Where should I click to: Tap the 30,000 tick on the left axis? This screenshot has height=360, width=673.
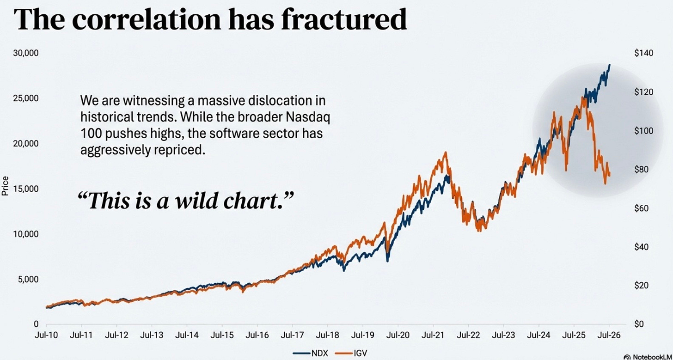[26, 53]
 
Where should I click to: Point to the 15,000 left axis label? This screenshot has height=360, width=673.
[26, 189]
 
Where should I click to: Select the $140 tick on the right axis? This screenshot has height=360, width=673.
[643, 53]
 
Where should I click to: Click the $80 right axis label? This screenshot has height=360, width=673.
[642, 170]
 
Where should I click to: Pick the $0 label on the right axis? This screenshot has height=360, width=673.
[639, 324]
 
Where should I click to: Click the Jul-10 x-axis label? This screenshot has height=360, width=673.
[46, 336]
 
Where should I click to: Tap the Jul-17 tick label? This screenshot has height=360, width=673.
[292, 336]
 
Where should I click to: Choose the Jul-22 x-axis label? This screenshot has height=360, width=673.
[468, 336]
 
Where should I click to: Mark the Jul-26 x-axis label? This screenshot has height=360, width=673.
[609, 336]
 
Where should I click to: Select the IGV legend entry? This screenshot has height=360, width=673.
[351, 353]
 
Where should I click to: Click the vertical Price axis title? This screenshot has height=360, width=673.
[5, 186]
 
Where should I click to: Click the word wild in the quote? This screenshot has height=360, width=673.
[197, 201]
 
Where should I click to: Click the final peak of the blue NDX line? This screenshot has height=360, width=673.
[610, 65]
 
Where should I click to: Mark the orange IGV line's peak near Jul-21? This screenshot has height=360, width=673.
[445, 153]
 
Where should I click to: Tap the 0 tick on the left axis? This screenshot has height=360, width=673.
[36, 324]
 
